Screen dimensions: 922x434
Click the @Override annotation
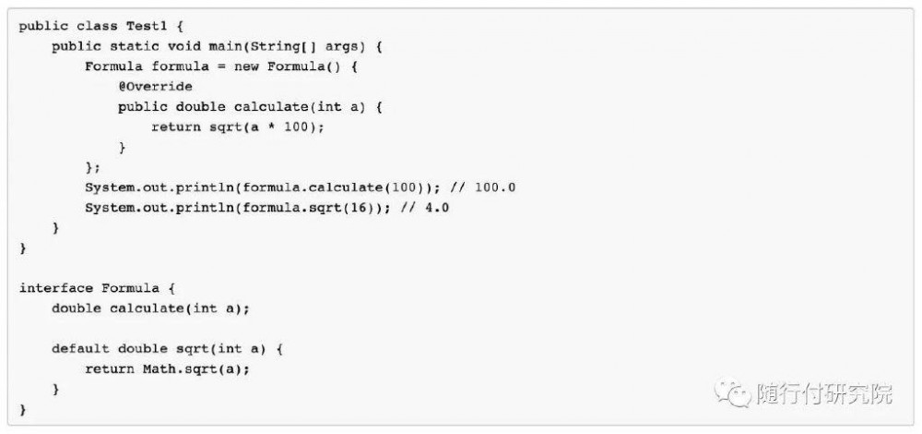tap(155, 87)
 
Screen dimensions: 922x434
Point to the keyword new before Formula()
tap(246, 66)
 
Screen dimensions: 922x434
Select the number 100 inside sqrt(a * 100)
tap(296, 127)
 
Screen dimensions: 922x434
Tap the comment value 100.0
tap(495, 187)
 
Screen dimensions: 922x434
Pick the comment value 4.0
tap(437, 207)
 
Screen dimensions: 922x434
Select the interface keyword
tap(56, 288)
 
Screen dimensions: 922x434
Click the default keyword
tap(80, 349)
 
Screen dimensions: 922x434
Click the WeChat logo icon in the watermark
tap(733, 392)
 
